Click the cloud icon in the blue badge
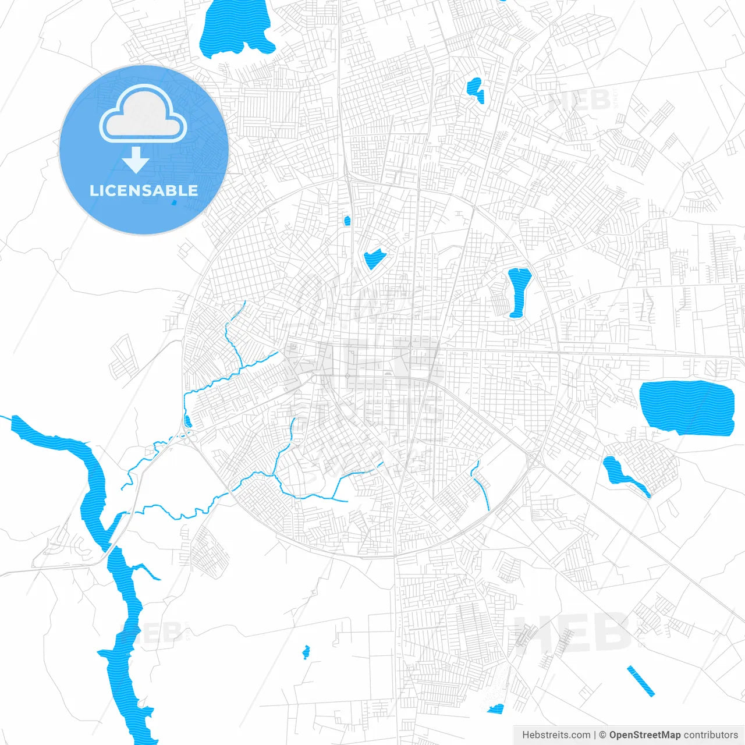[x=143, y=114]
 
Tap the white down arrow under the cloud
[x=136, y=160]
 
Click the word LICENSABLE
[x=143, y=190]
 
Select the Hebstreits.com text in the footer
[x=556, y=735]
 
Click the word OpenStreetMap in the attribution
[x=644, y=735]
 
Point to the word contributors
[x=711, y=735]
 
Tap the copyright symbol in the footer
[x=602, y=735]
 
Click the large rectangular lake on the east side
[x=686, y=406]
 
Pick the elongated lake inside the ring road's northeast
[x=517, y=290]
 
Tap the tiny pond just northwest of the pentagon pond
[x=347, y=221]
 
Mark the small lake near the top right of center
[x=476, y=90]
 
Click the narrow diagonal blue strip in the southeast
[x=640, y=680]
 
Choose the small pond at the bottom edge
[x=496, y=708]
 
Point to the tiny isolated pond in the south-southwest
[x=306, y=651]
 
